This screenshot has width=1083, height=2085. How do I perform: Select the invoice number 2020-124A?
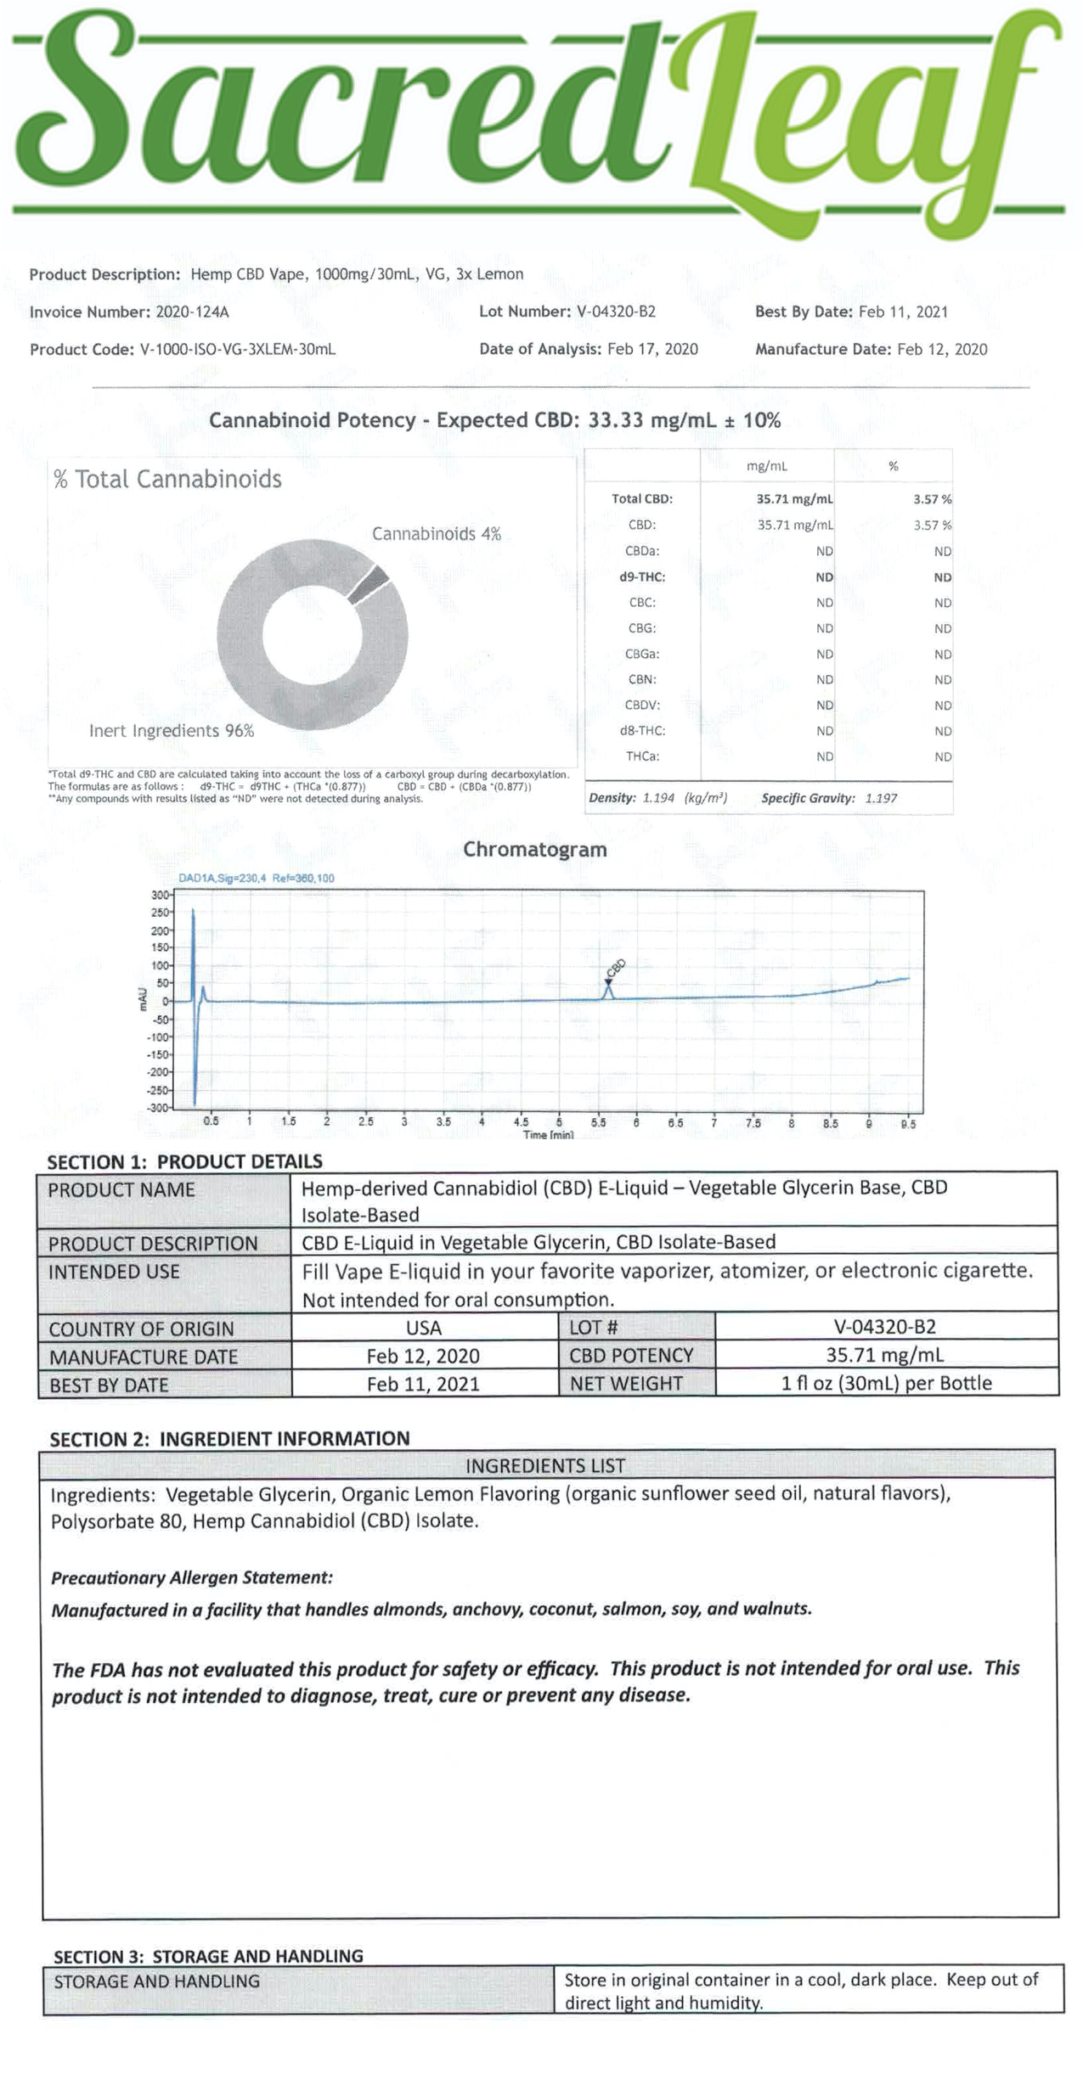coord(192,312)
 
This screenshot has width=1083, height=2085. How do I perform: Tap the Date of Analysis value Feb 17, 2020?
coord(652,350)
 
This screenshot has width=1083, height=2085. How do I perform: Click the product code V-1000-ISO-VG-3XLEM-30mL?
coord(237,350)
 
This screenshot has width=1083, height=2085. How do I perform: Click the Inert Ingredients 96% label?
coord(172,731)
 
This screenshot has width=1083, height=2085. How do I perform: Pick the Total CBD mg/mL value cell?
coord(794,499)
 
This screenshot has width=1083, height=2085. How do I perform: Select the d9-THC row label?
coord(642,577)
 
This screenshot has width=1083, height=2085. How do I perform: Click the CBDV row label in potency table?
coord(642,705)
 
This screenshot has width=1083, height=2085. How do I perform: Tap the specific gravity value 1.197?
coord(881,798)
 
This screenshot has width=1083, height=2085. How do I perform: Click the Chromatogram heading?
coord(534,850)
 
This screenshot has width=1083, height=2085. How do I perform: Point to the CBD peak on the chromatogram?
coord(608,989)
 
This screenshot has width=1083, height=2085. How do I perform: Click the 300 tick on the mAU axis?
coord(160,895)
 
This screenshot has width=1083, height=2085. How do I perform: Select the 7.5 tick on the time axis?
coord(753,1122)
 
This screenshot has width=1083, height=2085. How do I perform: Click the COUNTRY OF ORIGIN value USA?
coord(423,1328)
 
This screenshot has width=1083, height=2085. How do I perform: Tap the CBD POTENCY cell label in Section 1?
coord(631,1356)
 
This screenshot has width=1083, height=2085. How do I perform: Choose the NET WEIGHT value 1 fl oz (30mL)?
coord(886,1384)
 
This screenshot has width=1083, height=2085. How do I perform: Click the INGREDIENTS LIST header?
coord(545,1466)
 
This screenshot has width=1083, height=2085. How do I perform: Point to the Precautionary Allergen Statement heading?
coord(192,1578)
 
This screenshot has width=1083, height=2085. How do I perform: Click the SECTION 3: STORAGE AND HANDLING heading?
coord(208,1957)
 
